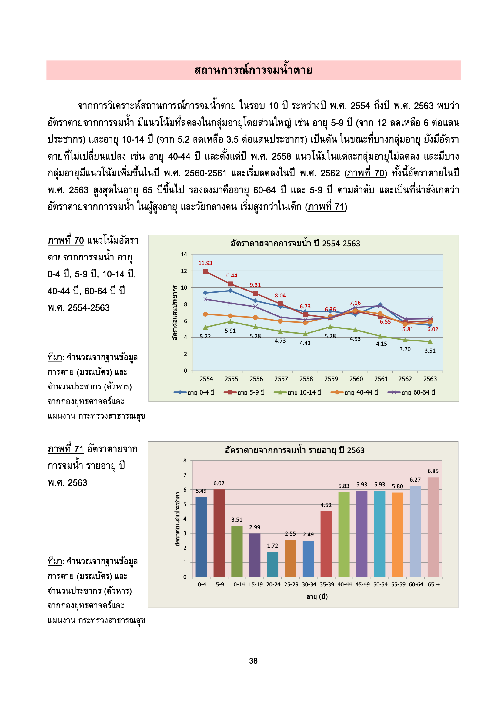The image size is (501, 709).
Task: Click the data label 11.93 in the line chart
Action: [205, 263]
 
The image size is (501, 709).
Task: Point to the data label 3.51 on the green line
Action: [430, 351]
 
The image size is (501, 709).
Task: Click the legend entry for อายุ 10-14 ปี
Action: [298, 392]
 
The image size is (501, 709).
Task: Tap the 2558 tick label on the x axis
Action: [306, 379]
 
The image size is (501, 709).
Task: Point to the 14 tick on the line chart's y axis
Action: [184, 254]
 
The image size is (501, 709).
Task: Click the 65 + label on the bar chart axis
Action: [434, 584]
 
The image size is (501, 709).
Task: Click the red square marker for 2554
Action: [205, 271]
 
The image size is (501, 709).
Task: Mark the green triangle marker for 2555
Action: [230, 322]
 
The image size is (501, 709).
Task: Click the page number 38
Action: [253, 660]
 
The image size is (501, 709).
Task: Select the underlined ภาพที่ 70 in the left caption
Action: [66, 240]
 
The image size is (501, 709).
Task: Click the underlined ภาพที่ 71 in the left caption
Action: [66, 449]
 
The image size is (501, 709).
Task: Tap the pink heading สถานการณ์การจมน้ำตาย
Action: [253, 70]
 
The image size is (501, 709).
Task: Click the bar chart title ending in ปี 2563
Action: [295, 450]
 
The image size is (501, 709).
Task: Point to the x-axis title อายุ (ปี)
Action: [317, 596]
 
